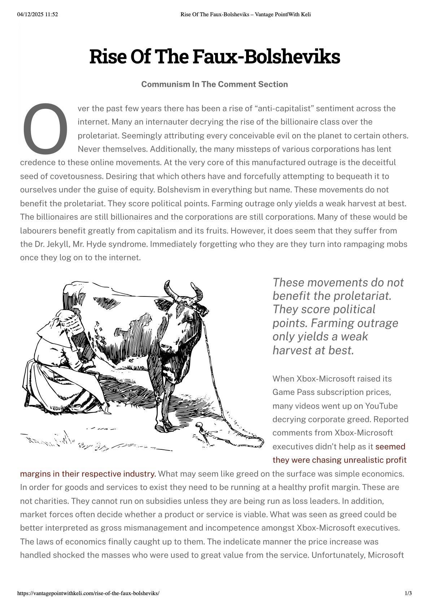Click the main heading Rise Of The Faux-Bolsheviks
[x=214, y=57]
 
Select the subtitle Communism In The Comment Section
[x=214, y=84]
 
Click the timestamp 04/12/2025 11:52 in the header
[x=38, y=14]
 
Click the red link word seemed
[x=390, y=447]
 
